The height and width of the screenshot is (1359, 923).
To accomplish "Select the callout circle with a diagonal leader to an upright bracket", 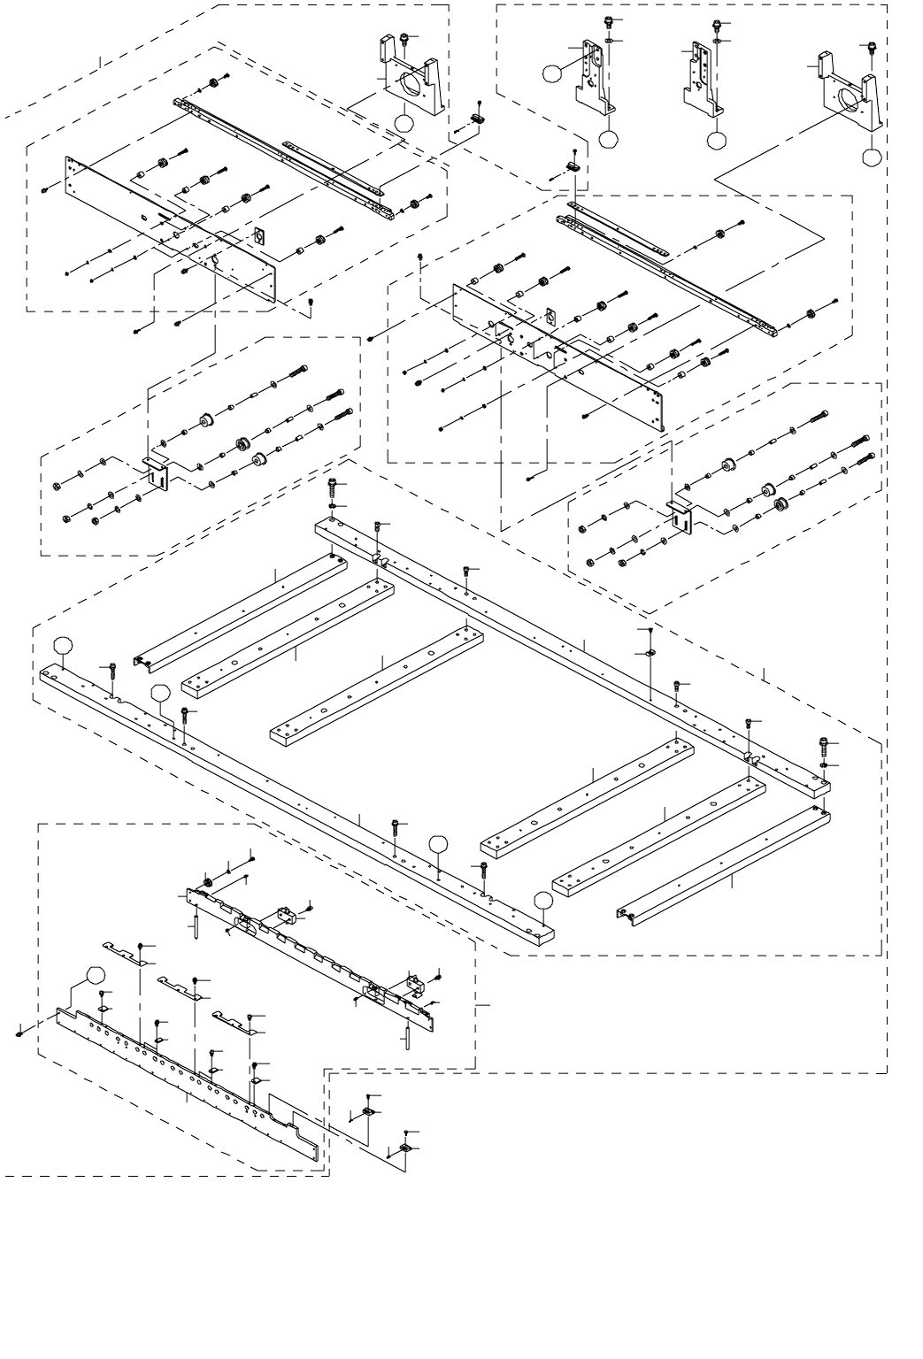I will click(x=552, y=73).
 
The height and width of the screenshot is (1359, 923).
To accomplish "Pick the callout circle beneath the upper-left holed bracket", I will click(x=404, y=124).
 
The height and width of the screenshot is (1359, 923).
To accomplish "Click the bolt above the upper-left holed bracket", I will click(x=404, y=38).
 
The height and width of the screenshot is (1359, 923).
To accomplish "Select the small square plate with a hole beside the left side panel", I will click(x=260, y=236).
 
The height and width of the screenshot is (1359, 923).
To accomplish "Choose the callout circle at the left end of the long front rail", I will click(x=62, y=646).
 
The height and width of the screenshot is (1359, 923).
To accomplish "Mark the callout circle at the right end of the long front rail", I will click(x=543, y=901).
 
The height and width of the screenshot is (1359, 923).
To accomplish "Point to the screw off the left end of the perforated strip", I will click(x=19, y=1032).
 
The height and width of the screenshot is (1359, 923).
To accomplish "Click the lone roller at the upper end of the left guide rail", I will click(x=213, y=84).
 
